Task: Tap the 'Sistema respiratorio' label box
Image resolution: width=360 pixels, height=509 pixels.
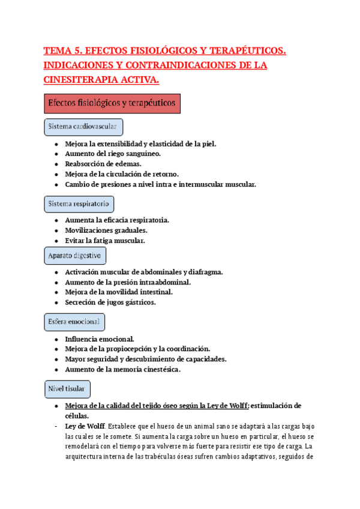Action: (x=79, y=204)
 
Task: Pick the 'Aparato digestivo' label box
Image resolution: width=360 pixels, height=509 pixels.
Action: (x=75, y=255)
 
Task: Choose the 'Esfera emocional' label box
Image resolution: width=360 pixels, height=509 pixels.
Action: (x=75, y=322)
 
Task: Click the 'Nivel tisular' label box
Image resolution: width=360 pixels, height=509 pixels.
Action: (x=68, y=389)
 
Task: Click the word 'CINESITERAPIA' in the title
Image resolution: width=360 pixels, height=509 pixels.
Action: (x=82, y=80)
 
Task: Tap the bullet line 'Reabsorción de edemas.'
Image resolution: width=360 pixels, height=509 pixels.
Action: (x=103, y=164)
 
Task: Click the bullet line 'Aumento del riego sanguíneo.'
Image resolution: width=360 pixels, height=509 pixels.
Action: (x=113, y=154)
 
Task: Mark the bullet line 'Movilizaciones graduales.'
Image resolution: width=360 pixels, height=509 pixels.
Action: (x=106, y=230)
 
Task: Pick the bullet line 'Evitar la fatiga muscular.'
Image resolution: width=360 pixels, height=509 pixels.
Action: (x=105, y=240)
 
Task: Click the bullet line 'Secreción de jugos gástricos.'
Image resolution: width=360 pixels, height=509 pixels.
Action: (x=110, y=302)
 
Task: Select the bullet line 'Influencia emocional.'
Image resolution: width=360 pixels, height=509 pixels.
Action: (x=100, y=339)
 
